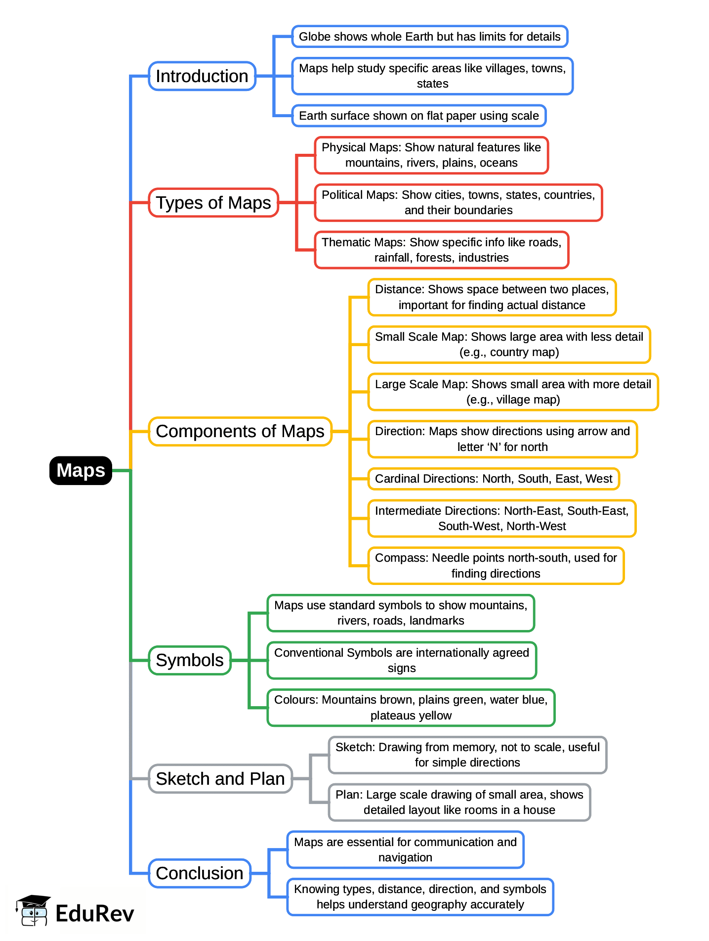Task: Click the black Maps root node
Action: pyautogui.click(x=81, y=470)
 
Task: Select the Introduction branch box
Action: pyautogui.click(x=202, y=76)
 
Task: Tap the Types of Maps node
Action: pyautogui.click(x=213, y=203)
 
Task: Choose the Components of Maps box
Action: pyautogui.click(x=240, y=431)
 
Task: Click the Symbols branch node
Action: pyautogui.click(x=190, y=660)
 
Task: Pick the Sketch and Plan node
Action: pyautogui.click(x=220, y=779)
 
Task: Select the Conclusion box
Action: pyautogui.click(x=200, y=873)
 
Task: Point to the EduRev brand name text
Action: pyautogui.click(x=94, y=913)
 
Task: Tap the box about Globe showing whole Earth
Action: pyautogui.click(x=429, y=37)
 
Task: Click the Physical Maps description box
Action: pyautogui.click(x=431, y=155)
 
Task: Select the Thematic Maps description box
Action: pyautogui.click(x=441, y=250)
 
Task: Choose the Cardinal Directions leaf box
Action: pyautogui.click(x=493, y=479)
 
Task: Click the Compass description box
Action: pyautogui.click(x=496, y=566)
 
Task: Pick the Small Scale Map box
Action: pyautogui.click(x=509, y=344)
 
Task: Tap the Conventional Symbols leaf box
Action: pyautogui.click(x=401, y=660)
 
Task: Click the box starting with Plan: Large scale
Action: pyautogui.click(x=459, y=802)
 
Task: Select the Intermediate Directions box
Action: pyautogui.click(x=501, y=518)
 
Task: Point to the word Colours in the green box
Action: pyautogui.click(x=295, y=700)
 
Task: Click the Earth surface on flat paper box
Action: pyautogui.click(x=418, y=116)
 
